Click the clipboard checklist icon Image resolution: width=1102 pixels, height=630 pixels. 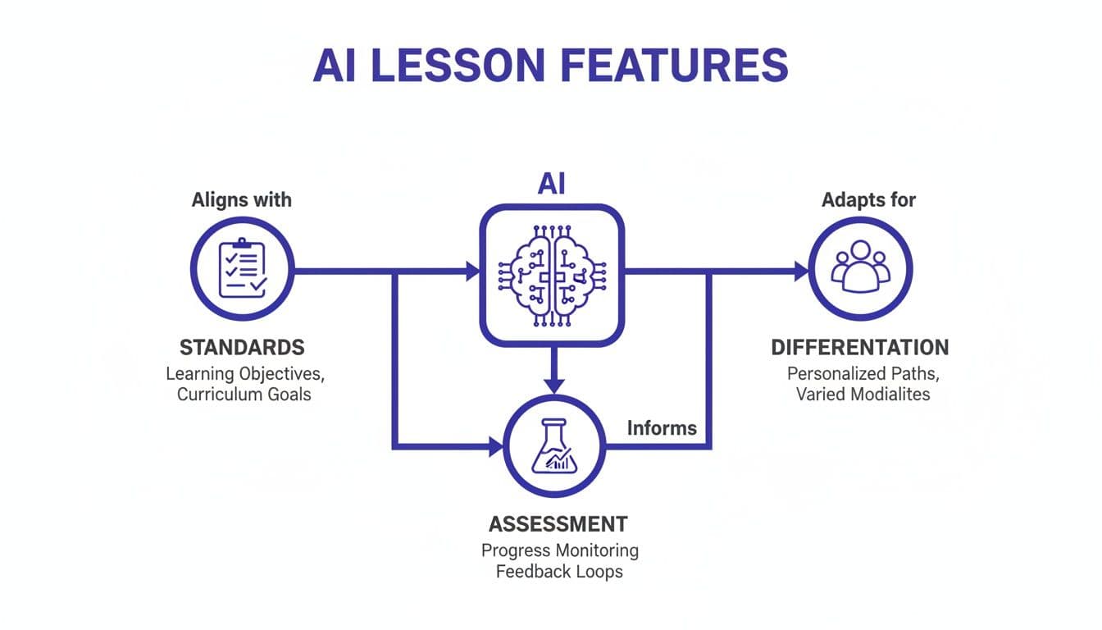tap(242, 268)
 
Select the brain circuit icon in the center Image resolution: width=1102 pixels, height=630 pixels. tap(552, 273)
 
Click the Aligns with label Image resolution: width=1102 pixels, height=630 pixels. tap(241, 199)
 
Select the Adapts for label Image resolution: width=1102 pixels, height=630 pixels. tap(868, 199)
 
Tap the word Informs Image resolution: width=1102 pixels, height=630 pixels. tap(662, 427)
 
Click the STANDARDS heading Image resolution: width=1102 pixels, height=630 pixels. tap(242, 347)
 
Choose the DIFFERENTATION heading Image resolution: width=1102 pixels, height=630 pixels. tap(860, 347)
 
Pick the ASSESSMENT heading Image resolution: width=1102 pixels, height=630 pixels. tap(558, 523)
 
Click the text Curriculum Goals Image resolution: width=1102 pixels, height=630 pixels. tap(244, 395)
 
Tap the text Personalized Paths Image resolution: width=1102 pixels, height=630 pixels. tap(863, 373)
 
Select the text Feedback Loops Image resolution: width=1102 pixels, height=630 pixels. tap(559, 571)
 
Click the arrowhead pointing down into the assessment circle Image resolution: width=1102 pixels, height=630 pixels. tap(555, 384)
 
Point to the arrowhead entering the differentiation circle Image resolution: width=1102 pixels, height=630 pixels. tap(800, 272)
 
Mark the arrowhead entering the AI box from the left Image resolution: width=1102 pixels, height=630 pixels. tap(472, 272)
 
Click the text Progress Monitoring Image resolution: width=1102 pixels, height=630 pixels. tap(559, 550)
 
